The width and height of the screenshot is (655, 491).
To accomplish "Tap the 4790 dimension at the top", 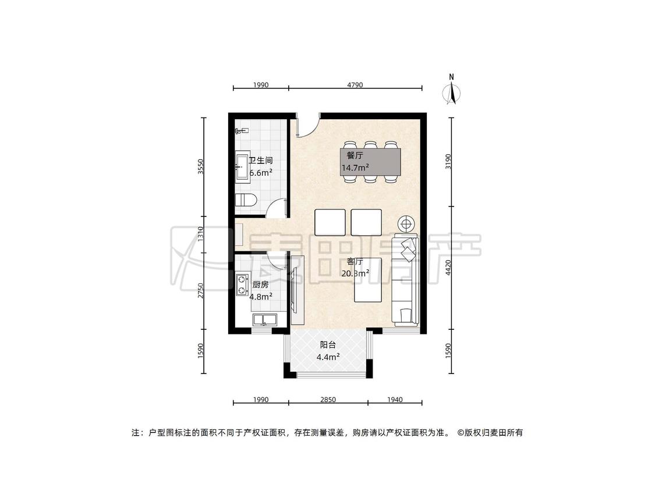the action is [x=355, y=85].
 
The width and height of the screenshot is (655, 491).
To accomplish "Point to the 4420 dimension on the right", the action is [x=448, y=267].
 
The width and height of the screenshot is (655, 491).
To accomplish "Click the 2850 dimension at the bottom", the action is [x=328, y=400].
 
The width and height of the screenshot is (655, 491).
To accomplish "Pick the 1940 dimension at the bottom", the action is [x=395, y=400].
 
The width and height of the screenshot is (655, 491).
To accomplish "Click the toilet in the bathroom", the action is [x=246, y=200].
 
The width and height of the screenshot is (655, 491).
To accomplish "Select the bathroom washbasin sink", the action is [x=242, y=168].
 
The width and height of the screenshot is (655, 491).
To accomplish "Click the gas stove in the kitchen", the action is [x=242, y=284].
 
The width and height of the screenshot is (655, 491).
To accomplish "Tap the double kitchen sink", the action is [x=264, y=320].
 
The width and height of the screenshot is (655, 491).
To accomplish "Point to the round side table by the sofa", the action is [x=406, y=224].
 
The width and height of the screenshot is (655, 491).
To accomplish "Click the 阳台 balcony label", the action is [x=328, y=345].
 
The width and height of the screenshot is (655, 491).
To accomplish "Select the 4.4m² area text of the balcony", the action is [x=328, y=357].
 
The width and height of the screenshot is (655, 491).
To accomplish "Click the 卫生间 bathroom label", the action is [x=261, y=161].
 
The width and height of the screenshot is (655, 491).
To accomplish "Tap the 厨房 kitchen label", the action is [x=261, y=284].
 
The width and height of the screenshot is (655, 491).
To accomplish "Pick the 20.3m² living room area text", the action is [x=355, y=273].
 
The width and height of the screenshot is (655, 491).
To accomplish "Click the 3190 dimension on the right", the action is [x=448, y=162].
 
